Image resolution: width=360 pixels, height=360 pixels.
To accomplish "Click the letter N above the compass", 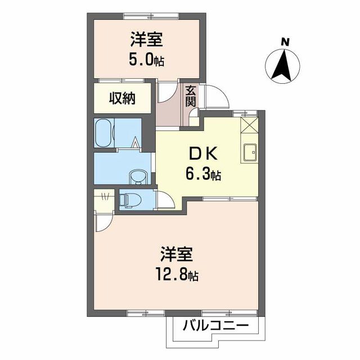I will (x=286, y=41).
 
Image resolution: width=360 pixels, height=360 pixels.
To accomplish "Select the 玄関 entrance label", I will (x=190, y=97).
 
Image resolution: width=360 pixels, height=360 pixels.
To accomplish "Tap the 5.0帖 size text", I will (x=147, y=60).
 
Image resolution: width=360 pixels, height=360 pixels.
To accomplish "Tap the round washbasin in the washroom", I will (x=137, y=178).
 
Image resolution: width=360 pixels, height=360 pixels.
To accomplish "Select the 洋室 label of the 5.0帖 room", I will (x=147, y=39).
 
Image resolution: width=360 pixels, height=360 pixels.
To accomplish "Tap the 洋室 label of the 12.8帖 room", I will (x=178, y=255).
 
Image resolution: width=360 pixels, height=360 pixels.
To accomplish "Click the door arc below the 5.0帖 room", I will (x=166, y=92).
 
